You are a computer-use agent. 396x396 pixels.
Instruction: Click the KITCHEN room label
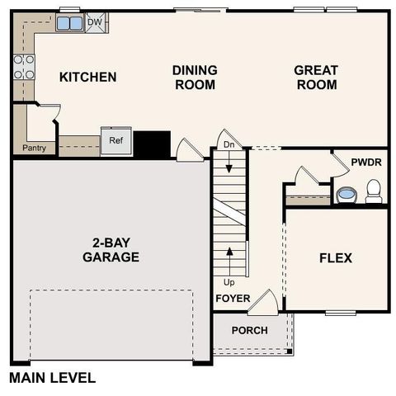[x=87, y=78]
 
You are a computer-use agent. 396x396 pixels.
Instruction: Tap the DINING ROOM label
[x=194, y=78]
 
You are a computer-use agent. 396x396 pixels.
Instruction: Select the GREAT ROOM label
[x=315, y=78]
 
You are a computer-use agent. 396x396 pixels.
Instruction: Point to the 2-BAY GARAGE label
[x=111, y=250]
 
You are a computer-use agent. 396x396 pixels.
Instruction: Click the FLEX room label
[x=335, y=258]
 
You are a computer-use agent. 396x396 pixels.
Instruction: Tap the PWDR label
[x=365, y=163]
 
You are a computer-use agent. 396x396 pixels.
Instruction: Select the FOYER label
[x=232, y=298]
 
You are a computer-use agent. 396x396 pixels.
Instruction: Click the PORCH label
[x=248, y=330]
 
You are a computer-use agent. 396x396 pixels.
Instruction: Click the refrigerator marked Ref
[x=115, y=141]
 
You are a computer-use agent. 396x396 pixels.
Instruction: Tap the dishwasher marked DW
[x=94, y=23]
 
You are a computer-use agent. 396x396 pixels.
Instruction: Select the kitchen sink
[x=69, y=24]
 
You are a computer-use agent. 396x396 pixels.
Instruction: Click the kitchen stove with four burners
[x=24, y=67]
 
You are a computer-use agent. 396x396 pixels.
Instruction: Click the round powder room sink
[x=346, y=196]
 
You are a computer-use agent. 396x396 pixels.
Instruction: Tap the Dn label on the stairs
[x=229, y=145]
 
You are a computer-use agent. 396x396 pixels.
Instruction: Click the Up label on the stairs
[x=229, y=281]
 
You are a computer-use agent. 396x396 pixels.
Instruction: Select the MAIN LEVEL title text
[x=52, y=379]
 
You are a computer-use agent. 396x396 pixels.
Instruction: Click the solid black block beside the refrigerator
[x=152, y=144]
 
